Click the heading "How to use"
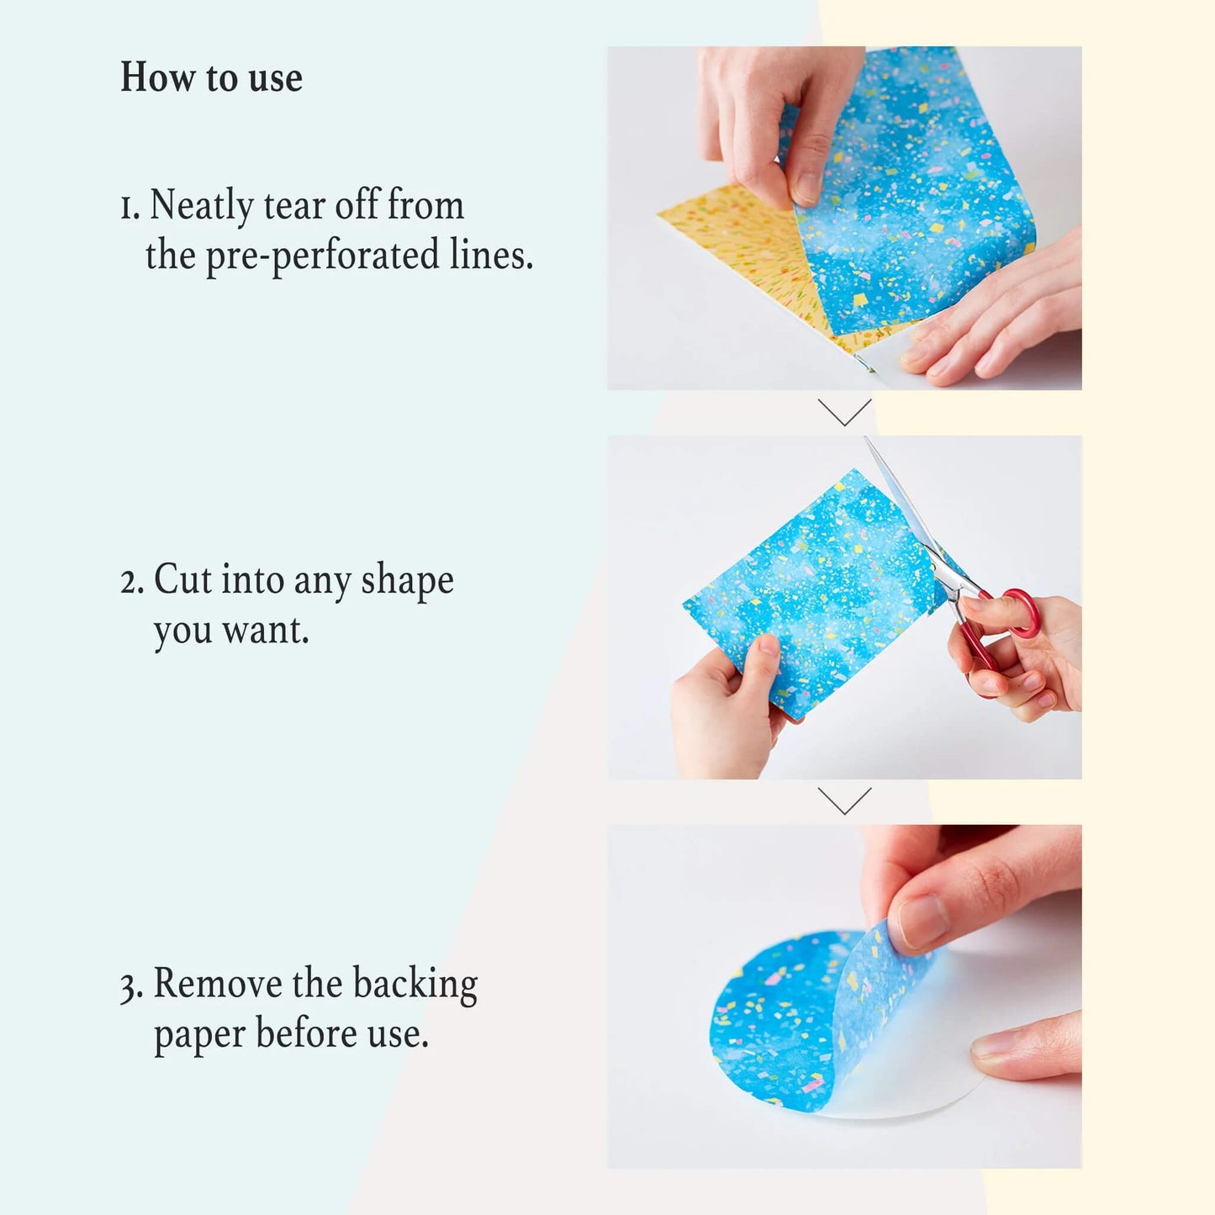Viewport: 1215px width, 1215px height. [x=211, y=77]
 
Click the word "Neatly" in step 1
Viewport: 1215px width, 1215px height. [x=202, y=205]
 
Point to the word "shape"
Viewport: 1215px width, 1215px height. [x=407, y=581]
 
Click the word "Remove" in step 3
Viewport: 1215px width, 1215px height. [x=218, y=983]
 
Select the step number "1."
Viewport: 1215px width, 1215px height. [x=129, y=208]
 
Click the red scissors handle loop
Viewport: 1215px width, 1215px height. [x=1022, y=611]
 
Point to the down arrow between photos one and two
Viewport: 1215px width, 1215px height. [x=844, y=412]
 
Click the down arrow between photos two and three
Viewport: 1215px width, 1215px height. [x=844, y=800]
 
